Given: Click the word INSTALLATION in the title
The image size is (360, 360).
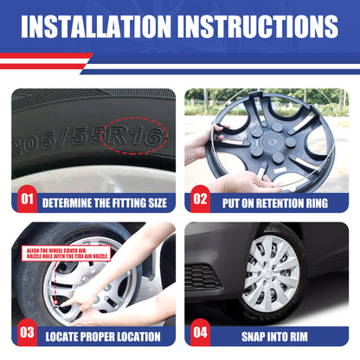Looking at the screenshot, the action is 96,27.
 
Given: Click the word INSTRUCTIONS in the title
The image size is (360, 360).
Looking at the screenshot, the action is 258,27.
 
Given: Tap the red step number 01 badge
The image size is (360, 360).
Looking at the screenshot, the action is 27,199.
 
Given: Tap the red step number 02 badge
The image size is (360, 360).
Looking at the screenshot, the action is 200,199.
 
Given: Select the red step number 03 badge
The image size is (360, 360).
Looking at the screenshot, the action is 27,332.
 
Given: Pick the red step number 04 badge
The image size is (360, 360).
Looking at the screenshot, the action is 200,332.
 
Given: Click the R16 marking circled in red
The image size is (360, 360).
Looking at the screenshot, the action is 134,136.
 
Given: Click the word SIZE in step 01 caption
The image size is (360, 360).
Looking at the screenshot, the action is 157,203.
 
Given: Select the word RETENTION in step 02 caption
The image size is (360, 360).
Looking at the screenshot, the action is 278,203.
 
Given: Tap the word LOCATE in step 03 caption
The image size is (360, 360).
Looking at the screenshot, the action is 61,337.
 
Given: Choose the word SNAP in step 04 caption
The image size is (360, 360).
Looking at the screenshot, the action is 253,337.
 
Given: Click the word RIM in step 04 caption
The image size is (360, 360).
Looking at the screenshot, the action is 299,337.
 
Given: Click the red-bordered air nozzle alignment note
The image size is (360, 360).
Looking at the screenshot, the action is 66,254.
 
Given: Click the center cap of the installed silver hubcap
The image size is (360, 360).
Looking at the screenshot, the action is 268,273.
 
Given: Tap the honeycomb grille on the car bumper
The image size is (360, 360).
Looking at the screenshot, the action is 202,277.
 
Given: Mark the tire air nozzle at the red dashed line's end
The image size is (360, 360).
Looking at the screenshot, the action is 57,303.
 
